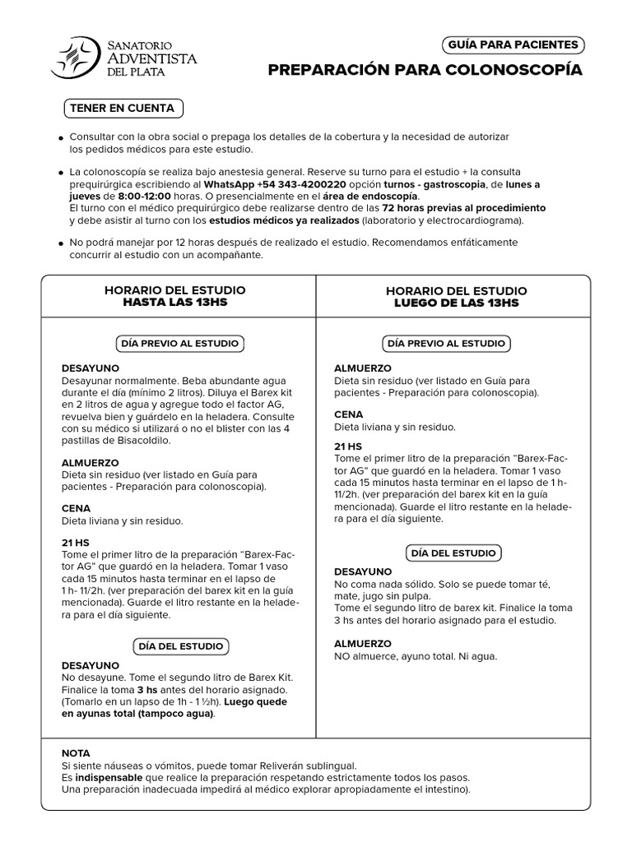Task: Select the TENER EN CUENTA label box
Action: click(123, 108)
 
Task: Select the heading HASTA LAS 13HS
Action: click(174, 303)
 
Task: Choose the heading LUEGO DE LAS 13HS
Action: click(457, 303)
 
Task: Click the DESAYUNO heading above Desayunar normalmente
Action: click(91, 368)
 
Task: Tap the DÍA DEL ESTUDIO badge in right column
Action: click(453, 553)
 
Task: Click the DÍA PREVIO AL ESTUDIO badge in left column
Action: click(179, 343)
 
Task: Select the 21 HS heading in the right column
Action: click(348, 446)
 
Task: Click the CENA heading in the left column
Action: click(77, 509)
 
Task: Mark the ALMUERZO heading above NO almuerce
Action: click(363, 644)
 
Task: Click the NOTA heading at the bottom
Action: click(77, 753)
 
